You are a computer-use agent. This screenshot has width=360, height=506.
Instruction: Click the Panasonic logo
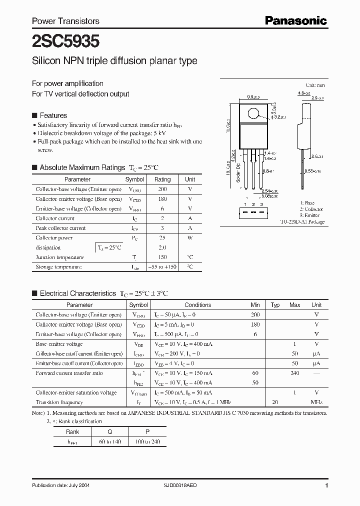pyautogui.click(x=295, y=20)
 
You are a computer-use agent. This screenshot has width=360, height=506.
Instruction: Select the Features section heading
pyautogui.click(x=52, y=115)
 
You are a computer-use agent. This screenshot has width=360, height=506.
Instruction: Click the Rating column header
pyautogui.click(x=162, y=179)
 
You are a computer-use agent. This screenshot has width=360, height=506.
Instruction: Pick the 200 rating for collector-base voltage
pyautogui.click(x=162, y=189)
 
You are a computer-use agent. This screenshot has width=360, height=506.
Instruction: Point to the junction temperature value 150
pyautogui.click(x=162, y=257)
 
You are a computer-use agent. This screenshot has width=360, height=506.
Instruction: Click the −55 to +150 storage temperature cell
pyautogui.click(x=162, y=267)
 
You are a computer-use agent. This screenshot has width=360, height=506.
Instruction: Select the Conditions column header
pyautogui.click(x=198, y=305)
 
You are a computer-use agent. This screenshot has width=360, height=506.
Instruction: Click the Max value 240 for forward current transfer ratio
pyautogui.click(x=294, y=373)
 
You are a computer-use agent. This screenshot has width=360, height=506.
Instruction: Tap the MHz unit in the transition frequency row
pyautogui.click(x=316, y=402)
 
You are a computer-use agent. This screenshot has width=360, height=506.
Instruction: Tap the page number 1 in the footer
pyautogui.click(x=326, y=485)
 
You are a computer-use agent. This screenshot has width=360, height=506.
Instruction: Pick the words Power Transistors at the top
pyautogui.click(x=65, y=21)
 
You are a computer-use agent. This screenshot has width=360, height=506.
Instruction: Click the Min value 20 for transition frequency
pyautogui.click(x=274, y=402)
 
